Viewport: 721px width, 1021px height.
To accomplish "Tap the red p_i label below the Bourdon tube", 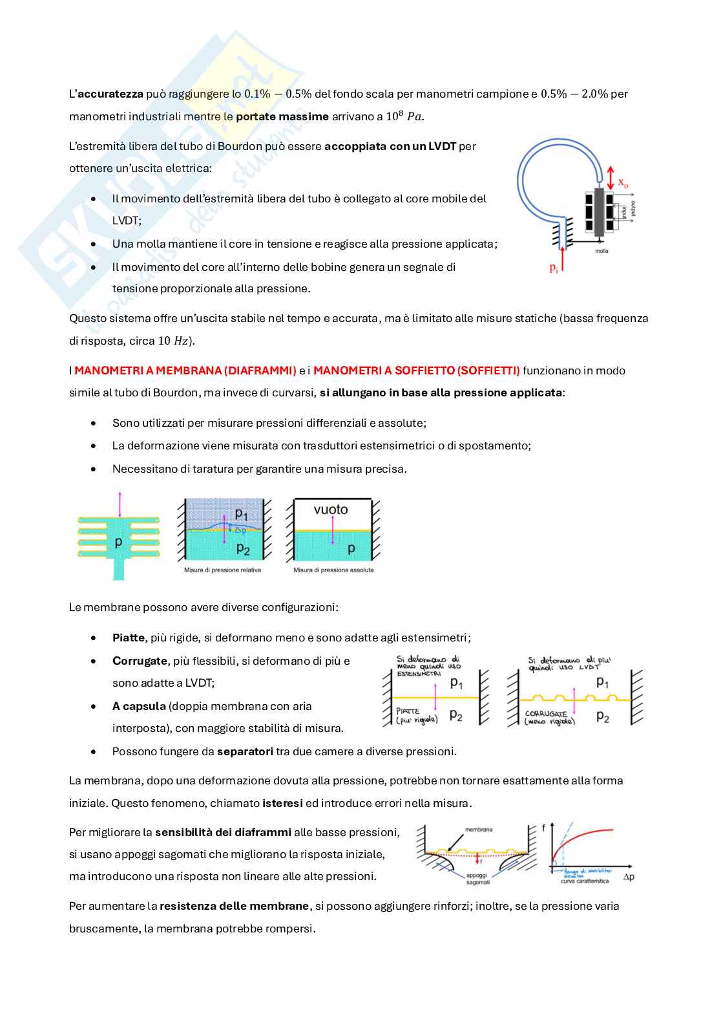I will click(554, 268).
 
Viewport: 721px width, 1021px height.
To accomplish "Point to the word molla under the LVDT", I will click(601, 251).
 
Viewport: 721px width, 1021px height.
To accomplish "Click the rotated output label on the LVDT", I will click(634, 209).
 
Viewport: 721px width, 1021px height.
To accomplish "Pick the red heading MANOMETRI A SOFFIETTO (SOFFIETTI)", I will click(416, 371).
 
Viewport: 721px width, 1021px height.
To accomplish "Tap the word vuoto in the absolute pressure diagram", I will click(331, 510).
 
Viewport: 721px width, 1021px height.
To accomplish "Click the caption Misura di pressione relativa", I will click(222, 570).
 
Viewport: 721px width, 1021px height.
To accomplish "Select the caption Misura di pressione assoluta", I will click(333, 570).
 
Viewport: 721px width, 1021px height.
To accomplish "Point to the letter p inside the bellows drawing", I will click(118, 543).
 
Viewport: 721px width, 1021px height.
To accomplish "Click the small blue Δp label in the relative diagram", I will click(240, 530).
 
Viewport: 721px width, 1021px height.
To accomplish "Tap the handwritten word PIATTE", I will click(408, 711).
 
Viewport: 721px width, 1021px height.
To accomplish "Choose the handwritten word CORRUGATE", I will click(546, 714).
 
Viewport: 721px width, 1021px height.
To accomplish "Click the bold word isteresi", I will click(282, 803).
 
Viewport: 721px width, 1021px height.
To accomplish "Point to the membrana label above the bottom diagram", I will click(478, 829).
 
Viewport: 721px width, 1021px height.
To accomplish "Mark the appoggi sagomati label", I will click(477, 879).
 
